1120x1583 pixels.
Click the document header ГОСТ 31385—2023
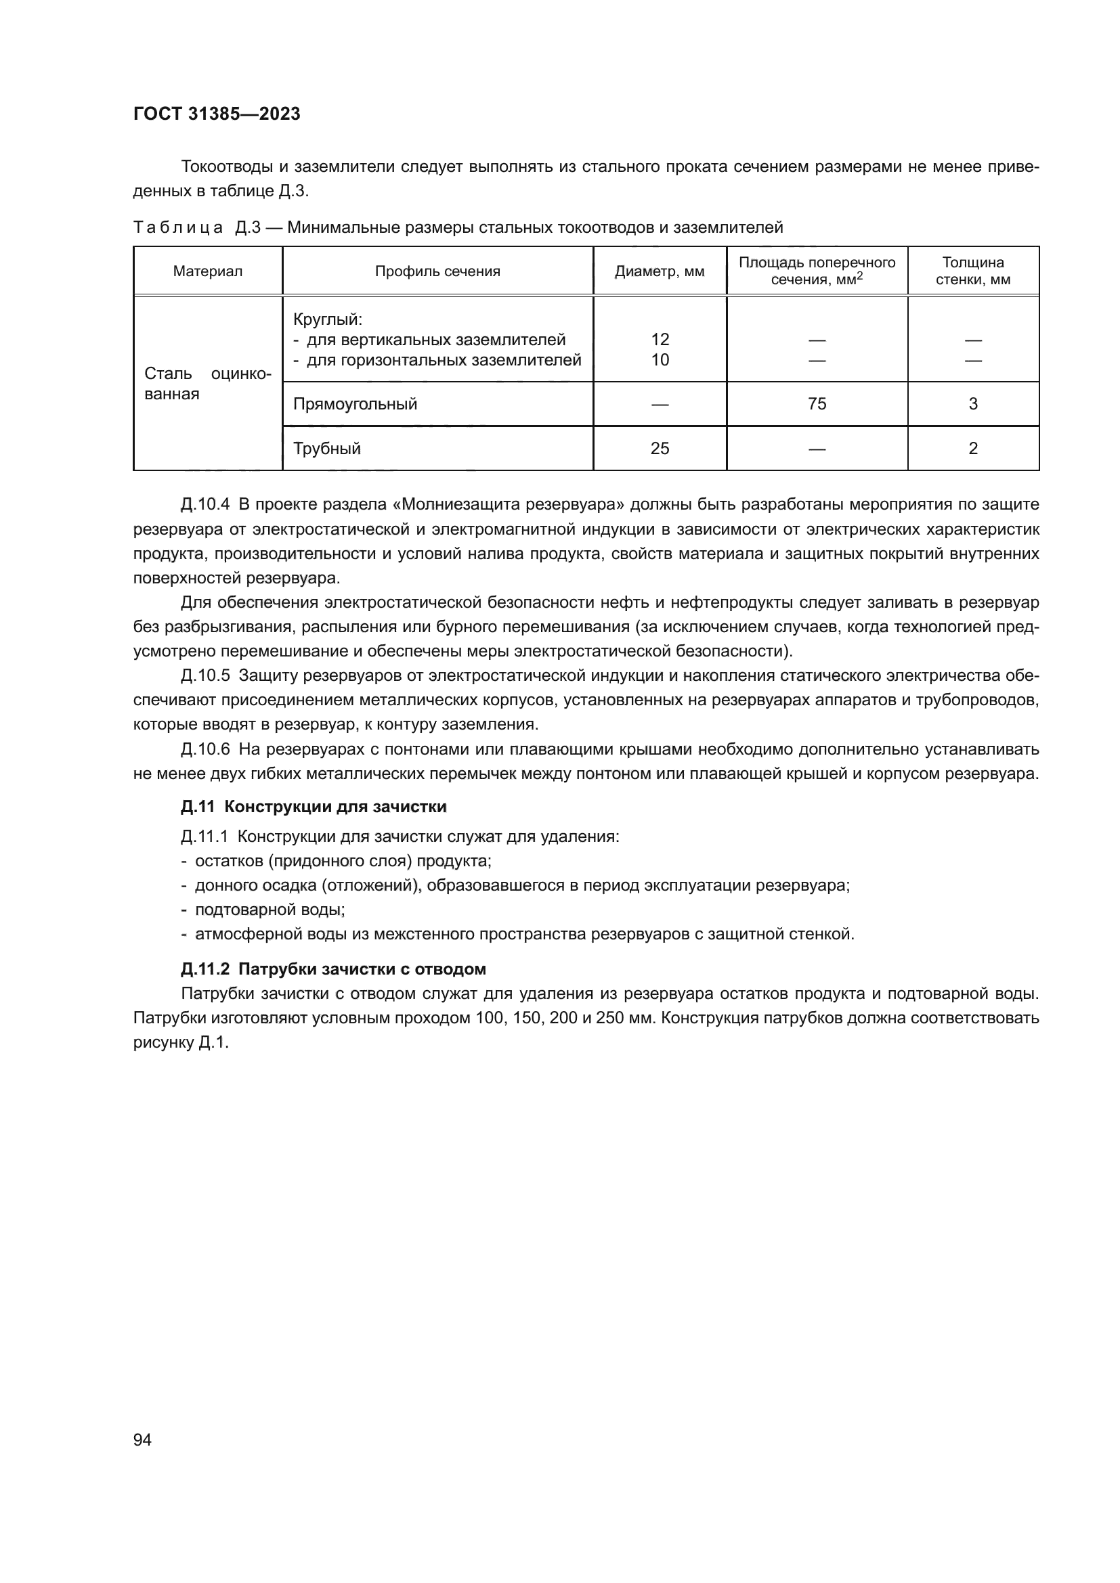point(217,114)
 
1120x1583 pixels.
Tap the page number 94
point(142,1440)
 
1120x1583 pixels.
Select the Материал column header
point(208,271)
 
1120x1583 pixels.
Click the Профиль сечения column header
point(437,271)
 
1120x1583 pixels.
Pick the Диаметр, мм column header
point(660,271)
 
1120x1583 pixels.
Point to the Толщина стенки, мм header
point(972,271)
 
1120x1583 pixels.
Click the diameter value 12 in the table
point(660,339)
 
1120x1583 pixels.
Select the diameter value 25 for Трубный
point(660,449)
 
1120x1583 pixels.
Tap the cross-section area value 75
point(817,404)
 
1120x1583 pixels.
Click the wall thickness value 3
point(973,404)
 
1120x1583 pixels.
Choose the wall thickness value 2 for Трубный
point(973,449)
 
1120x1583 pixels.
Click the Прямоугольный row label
point(356,404)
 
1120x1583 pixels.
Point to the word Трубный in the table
point(327,449)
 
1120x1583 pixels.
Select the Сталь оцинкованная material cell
point(208,384)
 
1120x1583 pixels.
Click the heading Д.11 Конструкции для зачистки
point(314,807)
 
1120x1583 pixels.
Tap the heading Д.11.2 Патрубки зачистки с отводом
point(333,969)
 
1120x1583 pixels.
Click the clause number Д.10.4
point(204,505)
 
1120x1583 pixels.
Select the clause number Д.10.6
point(204,749)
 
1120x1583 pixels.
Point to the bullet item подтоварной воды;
point(270,910)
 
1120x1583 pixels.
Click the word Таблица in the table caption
point(178,227)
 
